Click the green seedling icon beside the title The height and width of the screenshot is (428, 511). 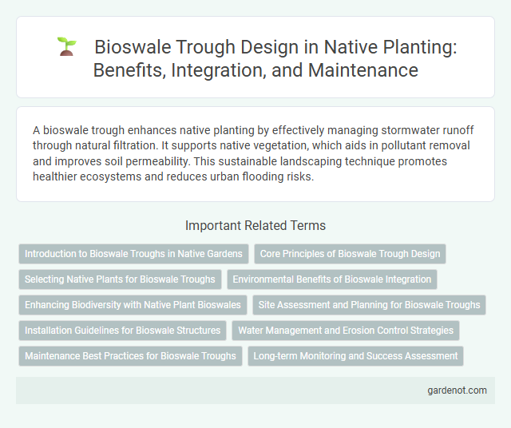coord(66,47)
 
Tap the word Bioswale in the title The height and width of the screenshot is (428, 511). coord(133,47)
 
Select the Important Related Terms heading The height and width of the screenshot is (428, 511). coord(255,225)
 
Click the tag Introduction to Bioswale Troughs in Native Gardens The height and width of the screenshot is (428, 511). coord(133,254)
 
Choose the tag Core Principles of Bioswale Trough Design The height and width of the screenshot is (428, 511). coord(350,254)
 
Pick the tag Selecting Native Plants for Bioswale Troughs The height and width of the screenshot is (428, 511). coord(120,279)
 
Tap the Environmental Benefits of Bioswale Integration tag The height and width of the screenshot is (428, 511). coord(331,279)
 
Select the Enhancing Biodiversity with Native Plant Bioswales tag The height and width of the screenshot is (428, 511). coord(133,305)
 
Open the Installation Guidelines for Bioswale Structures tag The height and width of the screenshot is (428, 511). coord(123,331)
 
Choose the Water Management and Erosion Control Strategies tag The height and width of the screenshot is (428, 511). coord(345,331)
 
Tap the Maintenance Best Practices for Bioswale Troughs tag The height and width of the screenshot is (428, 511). coord(130,356)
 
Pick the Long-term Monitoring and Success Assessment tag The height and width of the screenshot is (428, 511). coord(355,356)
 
